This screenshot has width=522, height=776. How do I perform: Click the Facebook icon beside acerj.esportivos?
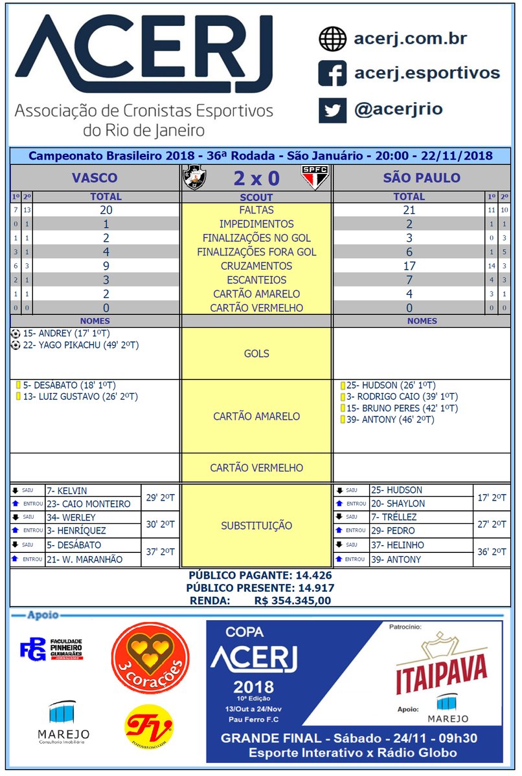point(332,73)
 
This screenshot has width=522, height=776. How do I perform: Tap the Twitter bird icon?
point(332,109)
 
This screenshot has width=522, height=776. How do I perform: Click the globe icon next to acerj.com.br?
point(332,39)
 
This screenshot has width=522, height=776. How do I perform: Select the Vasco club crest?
point(195,177)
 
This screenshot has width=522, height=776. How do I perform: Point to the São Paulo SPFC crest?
point(315,177)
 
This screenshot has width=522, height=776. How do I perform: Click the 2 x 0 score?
point(256,177)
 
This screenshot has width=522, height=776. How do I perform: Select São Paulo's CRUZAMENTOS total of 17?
point(409,266)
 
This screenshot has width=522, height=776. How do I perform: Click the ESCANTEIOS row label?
point(256,280)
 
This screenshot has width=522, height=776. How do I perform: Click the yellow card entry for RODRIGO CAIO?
point(402,396)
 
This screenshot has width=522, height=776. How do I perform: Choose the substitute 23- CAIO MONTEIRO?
point(88,504)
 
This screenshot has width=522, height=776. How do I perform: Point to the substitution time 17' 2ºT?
point(492,497)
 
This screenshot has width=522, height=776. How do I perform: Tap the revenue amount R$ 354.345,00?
point(293,601)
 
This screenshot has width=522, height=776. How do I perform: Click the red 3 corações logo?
point(150,659)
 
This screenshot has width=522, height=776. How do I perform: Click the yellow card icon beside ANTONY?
point(342,420)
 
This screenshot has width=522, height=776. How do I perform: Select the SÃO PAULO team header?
point(422,178)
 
